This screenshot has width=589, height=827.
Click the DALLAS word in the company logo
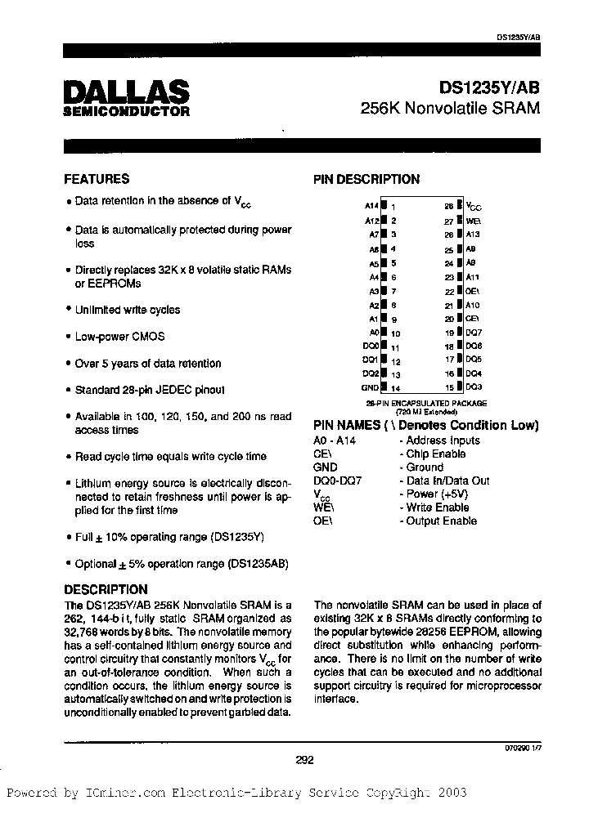pyautogui.click(x=126, y=92)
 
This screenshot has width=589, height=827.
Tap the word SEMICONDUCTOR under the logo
pyautogui.click(x=126, y=111)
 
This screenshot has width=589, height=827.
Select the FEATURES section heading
pyautogui.click(x=97, y=179)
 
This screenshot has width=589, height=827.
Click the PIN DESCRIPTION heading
pyautogui.click(x=366, y=180)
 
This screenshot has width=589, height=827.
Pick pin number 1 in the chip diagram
pyautogui.click(x=393, y=208)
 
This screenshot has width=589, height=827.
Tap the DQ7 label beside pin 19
pyautogui.click(x=474, y=333)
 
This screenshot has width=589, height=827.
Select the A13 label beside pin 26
pyautogui.click(x=474, y=235)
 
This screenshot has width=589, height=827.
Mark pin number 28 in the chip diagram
pyautogui.click(x=448, y=207)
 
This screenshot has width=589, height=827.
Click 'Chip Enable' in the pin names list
pyautogui.click(x=437, y=454)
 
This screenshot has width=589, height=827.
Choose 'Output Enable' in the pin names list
pyautogui.click(x=442, y=521)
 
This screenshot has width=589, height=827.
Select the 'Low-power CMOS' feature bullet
pyautogui.click(x=119, y=337)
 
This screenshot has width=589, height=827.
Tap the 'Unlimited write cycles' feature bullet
pyautogui.click(x=127, y=310)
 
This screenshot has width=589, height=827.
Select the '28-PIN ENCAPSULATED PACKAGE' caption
pyautogui.click(x=426, y=404)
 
